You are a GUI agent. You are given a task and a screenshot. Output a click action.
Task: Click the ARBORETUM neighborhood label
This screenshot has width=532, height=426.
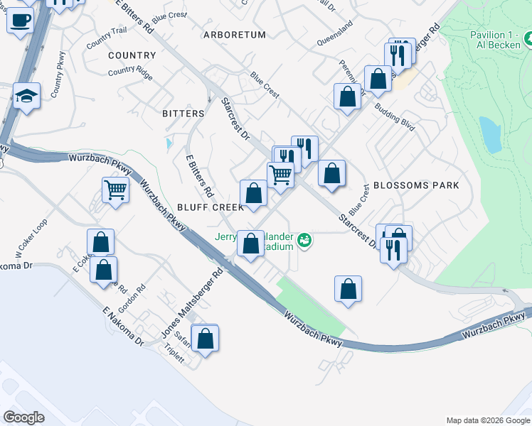pyautogui.click(x=234, y=35)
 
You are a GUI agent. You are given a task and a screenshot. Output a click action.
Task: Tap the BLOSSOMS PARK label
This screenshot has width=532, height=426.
pyautogui.click(x=415, y=185)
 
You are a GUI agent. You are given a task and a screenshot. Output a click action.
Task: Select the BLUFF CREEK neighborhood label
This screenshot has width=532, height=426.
pyautogui.click(x=210, y=207)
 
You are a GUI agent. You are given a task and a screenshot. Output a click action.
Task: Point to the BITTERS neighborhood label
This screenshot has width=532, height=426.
pyautogui.click(x=183, y=114)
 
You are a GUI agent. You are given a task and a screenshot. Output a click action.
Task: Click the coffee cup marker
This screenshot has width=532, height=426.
pyautogui.click(x=21, y=19)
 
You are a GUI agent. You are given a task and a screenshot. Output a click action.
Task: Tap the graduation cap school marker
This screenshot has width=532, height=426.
pyautogui.click(x=26, y=96)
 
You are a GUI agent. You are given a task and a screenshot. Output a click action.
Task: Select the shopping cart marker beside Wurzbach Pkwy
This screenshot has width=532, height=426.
pyautogui.click(x=115, y=190)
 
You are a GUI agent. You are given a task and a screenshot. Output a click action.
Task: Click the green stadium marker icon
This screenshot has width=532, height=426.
pyautogui.click(x=305, y=241)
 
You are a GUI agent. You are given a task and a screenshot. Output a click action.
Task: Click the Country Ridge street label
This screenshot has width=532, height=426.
pyautogui.click(x=130, y=71)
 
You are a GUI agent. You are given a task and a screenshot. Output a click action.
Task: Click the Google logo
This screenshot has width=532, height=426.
pyautogui.click(x=23, y=417)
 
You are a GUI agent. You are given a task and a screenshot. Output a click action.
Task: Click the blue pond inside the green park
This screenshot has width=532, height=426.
pyautogui.click(x=490, y=135)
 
